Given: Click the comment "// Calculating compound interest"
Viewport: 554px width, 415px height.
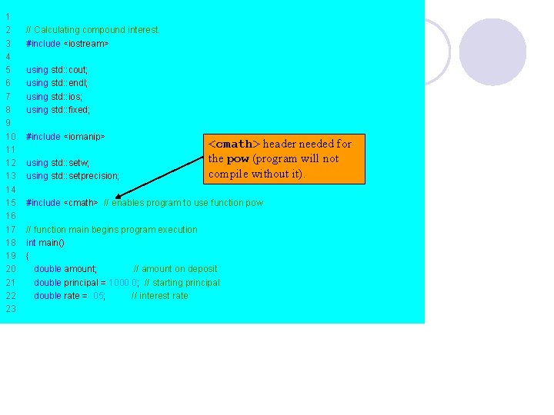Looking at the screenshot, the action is pos(92,30).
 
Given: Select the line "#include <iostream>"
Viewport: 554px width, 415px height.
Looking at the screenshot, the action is pos(68,44).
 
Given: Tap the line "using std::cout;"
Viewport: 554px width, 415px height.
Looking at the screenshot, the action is pos(57,70).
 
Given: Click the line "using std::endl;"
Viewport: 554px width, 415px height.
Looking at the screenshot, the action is pos(57,83).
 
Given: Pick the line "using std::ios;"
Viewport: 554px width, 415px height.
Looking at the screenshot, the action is pos(55,97).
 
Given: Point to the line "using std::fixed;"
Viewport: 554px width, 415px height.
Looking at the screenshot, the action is pos(58,110).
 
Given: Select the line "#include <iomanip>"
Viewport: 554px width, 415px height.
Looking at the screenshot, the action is pos(65,137).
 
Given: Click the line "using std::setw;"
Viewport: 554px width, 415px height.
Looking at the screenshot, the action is pos(58,163).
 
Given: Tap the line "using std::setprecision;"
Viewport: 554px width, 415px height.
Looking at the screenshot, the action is pos(72,176).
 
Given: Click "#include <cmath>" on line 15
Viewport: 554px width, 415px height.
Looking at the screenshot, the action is pos(62,203).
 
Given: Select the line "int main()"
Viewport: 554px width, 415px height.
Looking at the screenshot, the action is pos(45,243).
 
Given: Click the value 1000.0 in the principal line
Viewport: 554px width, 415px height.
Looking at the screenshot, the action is pos(124,283).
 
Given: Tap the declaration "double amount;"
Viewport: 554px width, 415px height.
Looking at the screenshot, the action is pos(65,269).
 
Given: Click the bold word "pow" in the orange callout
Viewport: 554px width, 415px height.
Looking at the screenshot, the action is pos(238,159).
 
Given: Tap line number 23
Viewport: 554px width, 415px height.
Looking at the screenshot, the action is pos(11,309).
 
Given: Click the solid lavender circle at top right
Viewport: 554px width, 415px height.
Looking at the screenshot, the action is pos(492,51).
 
